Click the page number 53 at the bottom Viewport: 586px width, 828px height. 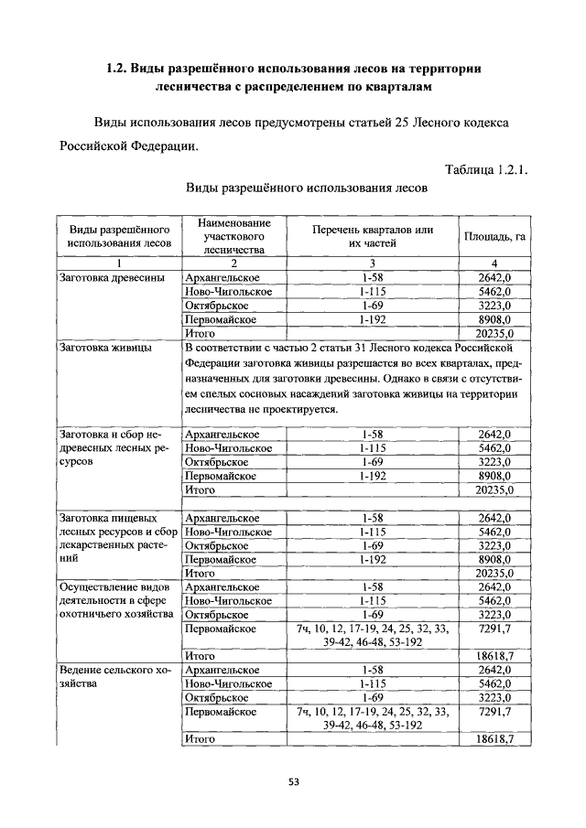(x=293, y=781)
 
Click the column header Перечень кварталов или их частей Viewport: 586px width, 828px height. (x=372, y=237)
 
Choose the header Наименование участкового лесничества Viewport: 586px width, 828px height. (x=233, y=236)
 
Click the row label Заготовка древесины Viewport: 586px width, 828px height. (x=112, y=277)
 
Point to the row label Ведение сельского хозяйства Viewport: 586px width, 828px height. (x=114, y=677)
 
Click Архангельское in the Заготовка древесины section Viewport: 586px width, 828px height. (x=222, y=277)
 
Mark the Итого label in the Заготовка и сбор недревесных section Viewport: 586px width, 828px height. (x=200, y=489)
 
